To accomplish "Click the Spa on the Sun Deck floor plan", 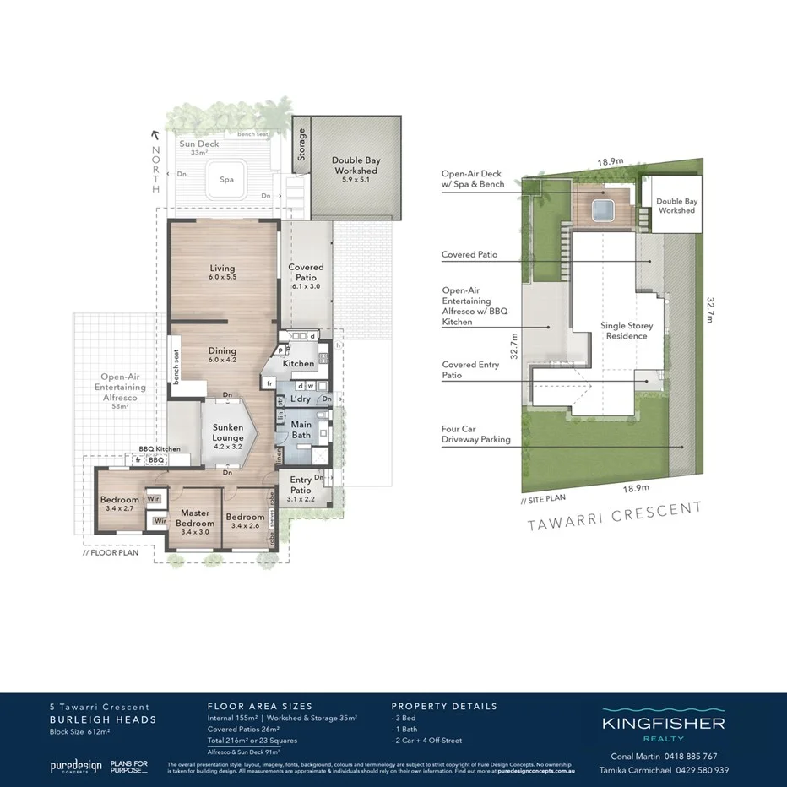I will [x=226, y=180].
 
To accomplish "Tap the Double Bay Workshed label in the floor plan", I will [x=355, y=165].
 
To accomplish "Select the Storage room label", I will [x=301, y=144].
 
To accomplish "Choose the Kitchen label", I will [x=298, y=364].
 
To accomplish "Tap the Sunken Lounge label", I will [x=227, y=432].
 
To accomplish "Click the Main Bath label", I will [x=301, y=430].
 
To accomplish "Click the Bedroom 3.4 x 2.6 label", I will [x=245, y=522].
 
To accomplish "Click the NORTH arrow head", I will [x=154, y=133].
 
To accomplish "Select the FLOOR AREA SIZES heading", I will [x=259, y=706].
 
